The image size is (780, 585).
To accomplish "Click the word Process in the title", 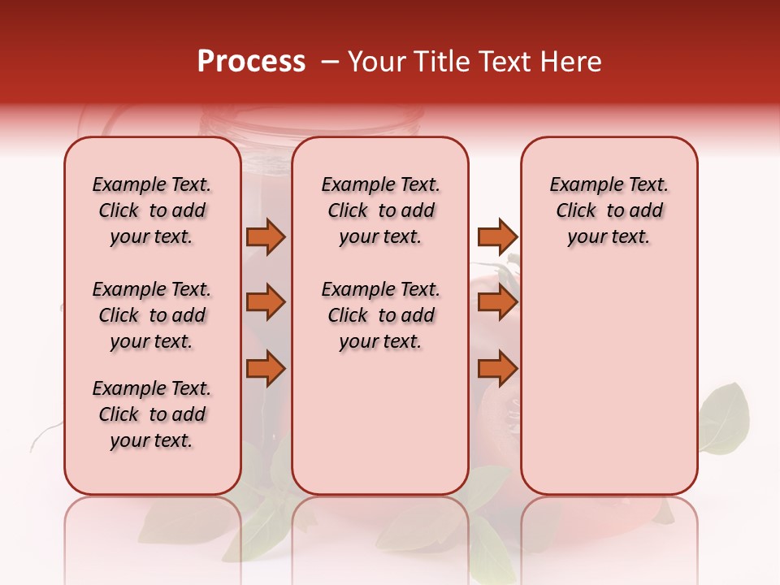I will pyautogui.click(x=251, y=62).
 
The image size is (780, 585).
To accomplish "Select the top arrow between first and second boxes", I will pyautogui.click(x=266, y=236).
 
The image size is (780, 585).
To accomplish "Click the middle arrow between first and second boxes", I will pyautogui.click(x=266, y=302).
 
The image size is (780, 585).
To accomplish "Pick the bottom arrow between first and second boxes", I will pyautogui.click(x=266, y=369).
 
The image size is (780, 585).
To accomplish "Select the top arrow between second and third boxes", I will pyautogui.click(x=497, y=236).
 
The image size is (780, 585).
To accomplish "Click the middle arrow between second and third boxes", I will pyautogui.click(x=497, y=302).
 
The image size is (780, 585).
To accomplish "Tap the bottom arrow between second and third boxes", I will pyautogui.click(x=497, y=369).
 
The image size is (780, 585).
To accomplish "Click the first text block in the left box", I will pyautogui.click(x=152, y=210).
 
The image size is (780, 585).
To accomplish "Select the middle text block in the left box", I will pyautogui.click(x=152, y=315).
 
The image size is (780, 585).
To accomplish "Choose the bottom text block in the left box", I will pyautogui.click(x=152, y=414).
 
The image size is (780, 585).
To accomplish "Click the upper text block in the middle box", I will pyautogui.click(x=380, y=210).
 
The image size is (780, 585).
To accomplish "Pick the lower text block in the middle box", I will pyautogui.click(x=380, y=315).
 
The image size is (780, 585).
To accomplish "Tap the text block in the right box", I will pyautogui.click(x=609, y=210).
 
